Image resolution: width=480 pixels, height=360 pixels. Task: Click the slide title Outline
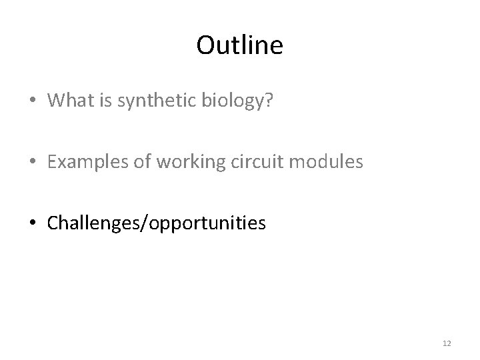coord(240,45)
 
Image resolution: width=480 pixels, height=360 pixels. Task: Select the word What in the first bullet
coord(69,100)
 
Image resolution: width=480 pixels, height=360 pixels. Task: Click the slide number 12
coord(446,343)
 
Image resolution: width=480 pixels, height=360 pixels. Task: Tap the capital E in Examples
coord(52,161)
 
